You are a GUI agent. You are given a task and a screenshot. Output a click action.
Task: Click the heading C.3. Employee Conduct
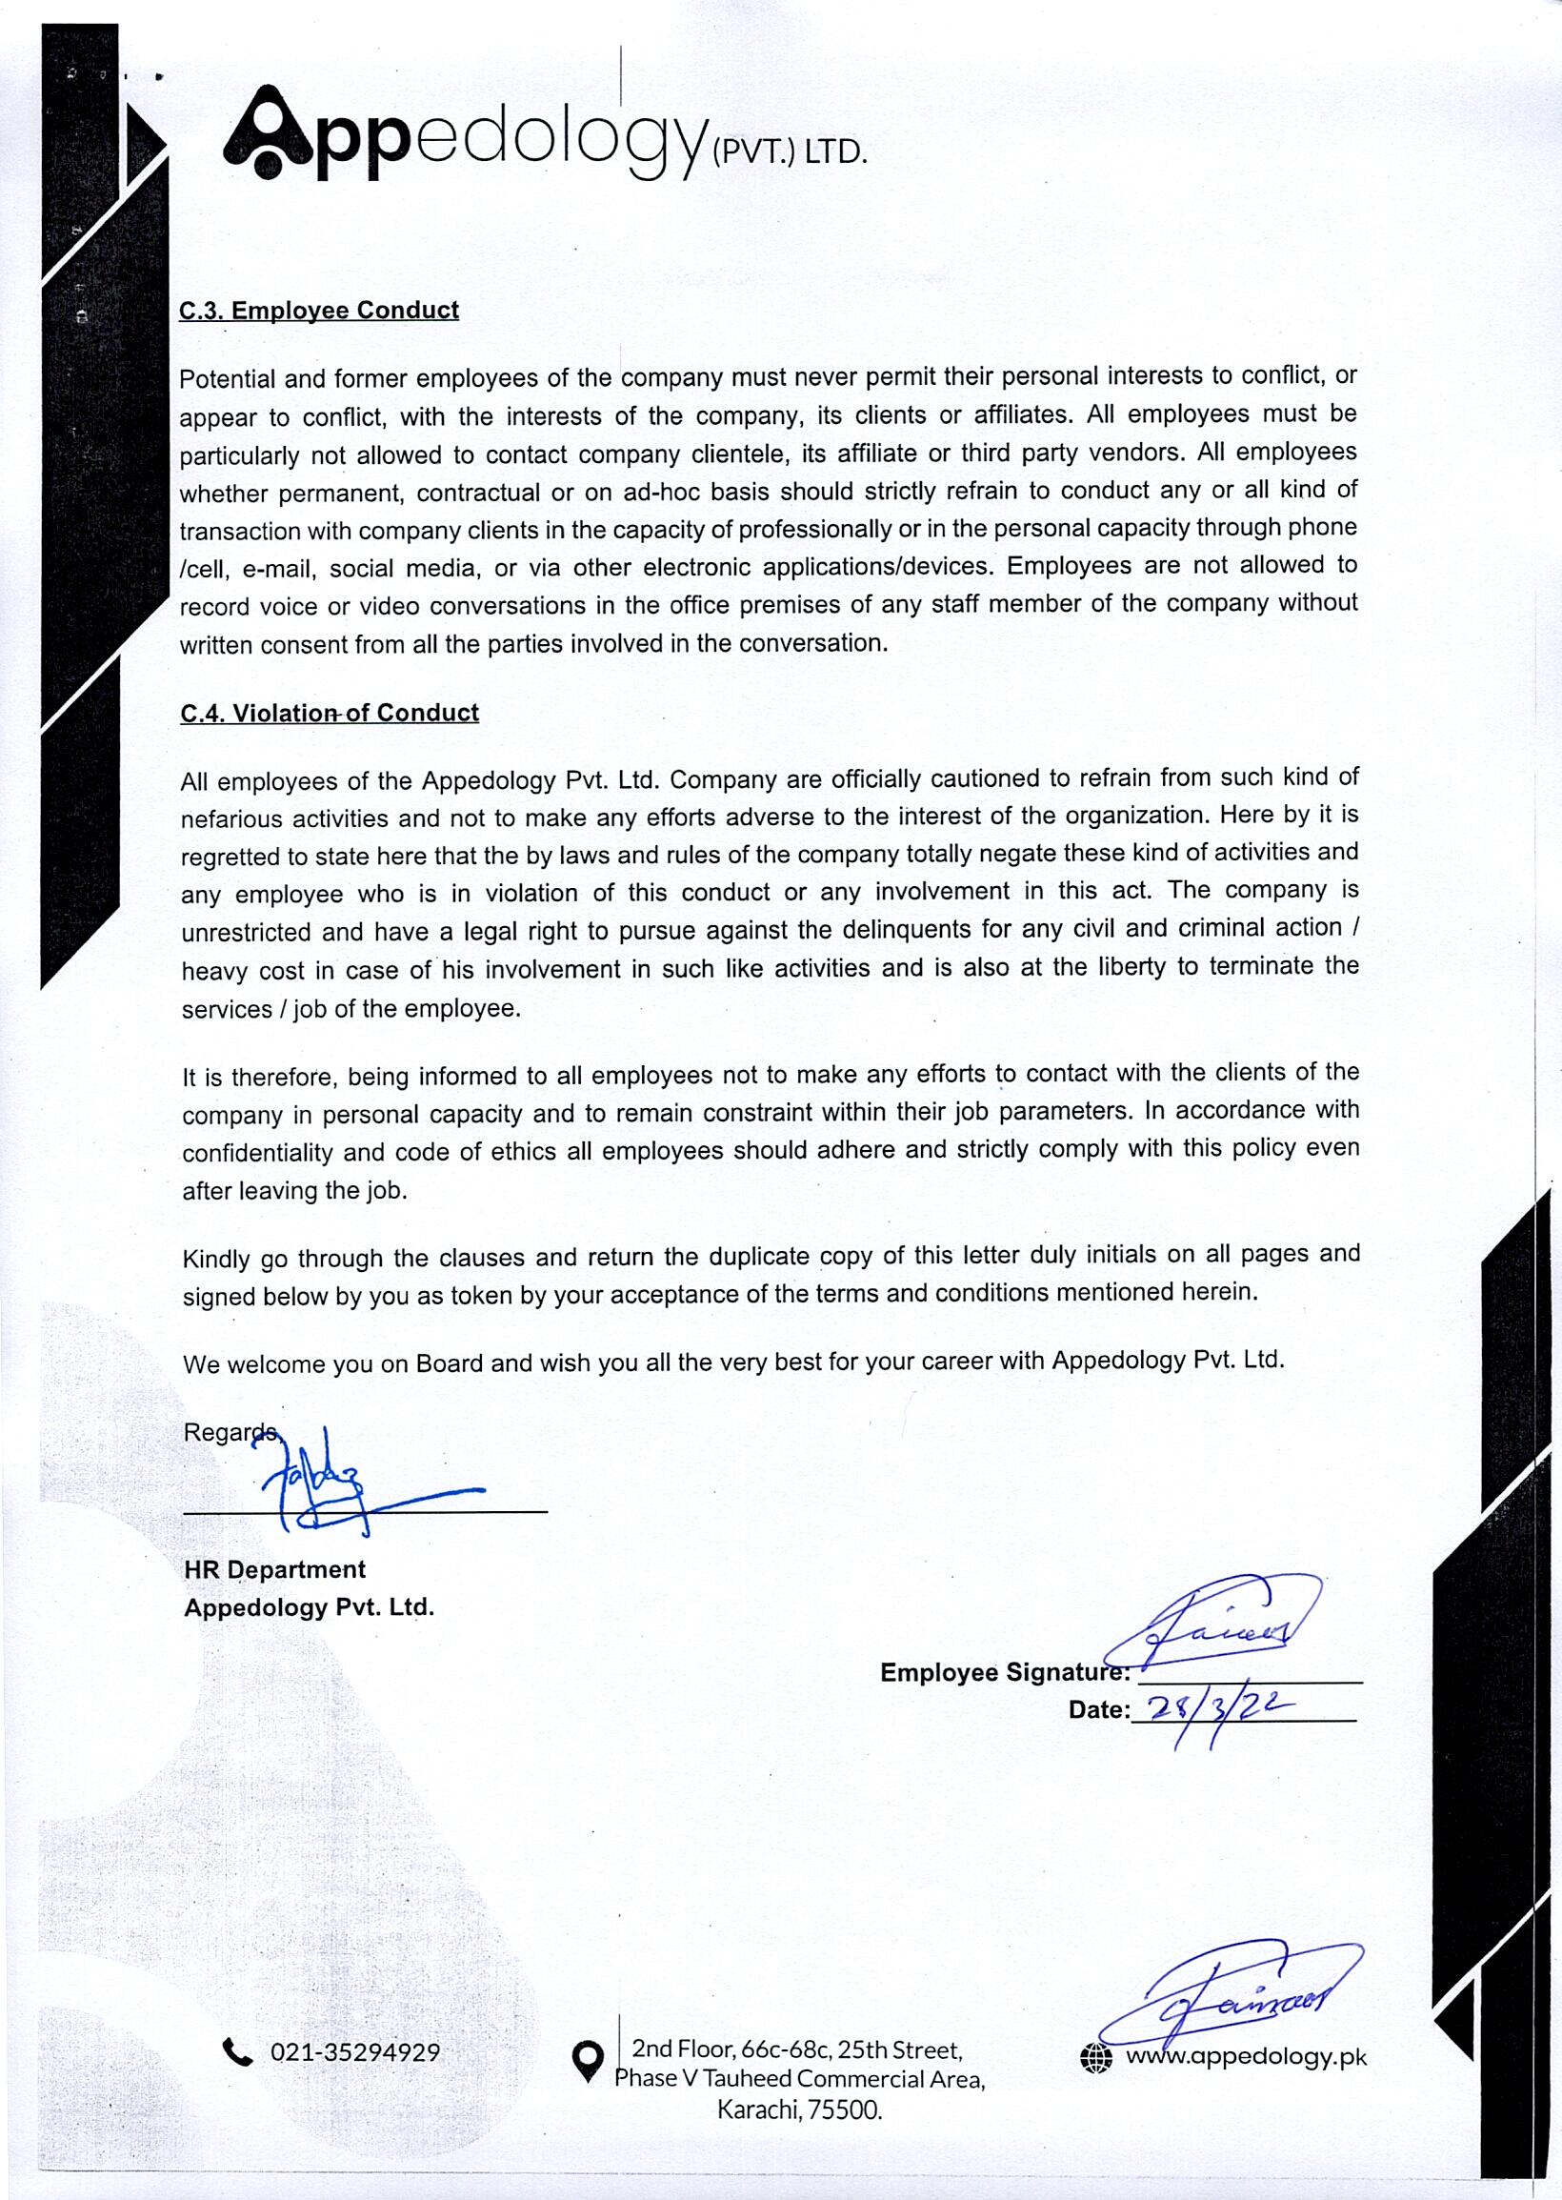[x=319, y=311]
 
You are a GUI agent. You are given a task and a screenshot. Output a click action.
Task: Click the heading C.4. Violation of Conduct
[x=329, y=713]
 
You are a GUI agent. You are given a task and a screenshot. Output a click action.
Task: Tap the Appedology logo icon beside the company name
[x=268, y=133]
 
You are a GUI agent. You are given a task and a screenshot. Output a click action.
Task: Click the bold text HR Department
[x=275, y=1569]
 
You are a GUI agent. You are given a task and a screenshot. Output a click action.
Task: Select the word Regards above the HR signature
[x=229, y=1431]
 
